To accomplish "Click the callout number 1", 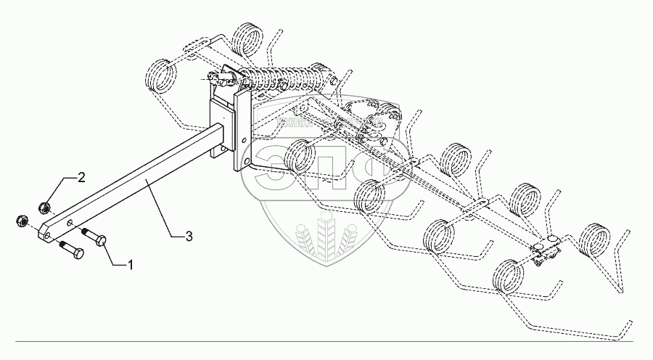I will point(131,265).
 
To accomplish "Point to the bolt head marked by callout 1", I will point(100,240).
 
